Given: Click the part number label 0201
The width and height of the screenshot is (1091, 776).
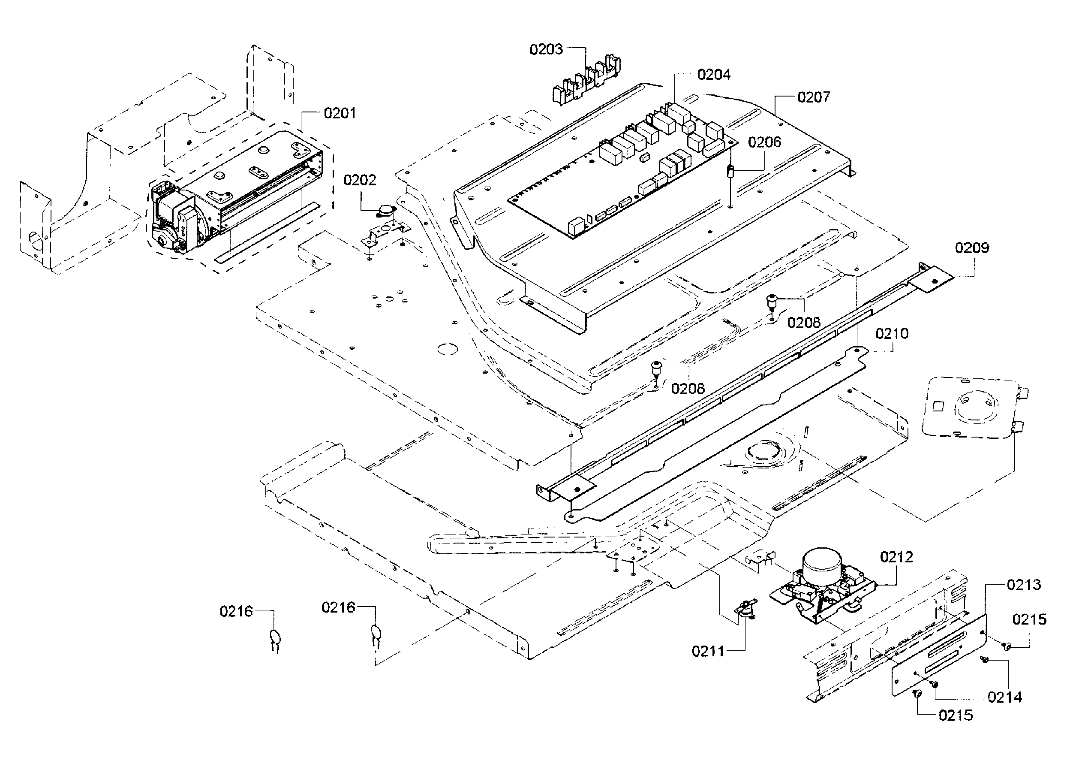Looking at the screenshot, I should click(340, 113).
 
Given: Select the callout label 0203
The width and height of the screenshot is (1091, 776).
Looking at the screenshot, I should click(546, 49).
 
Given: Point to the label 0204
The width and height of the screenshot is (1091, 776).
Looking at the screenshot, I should click(714, 75).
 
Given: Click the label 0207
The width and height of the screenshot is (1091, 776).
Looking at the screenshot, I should click(814, 97).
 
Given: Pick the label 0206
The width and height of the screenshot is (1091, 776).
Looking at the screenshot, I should click(764, 142).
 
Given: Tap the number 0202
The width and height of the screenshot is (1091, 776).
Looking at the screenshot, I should click(360, 180).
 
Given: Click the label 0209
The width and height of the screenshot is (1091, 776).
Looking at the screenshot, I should click(972, 248).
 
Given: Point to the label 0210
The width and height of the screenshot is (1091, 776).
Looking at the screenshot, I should click(891, 334).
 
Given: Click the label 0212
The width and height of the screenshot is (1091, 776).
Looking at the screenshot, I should click(896, 557).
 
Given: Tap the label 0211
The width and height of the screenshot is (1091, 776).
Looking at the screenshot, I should click(708, 651).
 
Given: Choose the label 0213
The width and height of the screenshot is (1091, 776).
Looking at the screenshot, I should click(1024, 584).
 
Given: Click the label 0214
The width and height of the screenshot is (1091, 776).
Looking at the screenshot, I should click(1004, 697).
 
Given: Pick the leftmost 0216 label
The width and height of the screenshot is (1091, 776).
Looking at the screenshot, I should click(236, 611).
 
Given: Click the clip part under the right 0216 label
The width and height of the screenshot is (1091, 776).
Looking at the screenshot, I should click(376, 636).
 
